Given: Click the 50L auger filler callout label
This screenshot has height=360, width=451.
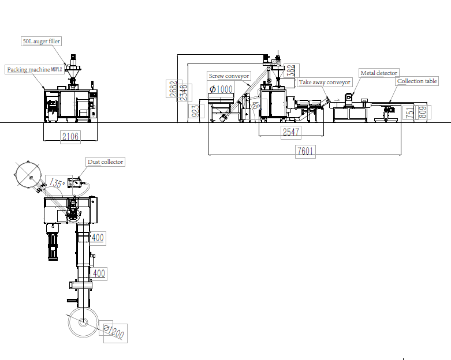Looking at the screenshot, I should point(41,42).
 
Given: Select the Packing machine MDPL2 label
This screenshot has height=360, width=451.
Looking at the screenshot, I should point(35,69).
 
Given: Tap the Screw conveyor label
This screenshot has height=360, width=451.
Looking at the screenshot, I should point(229,76).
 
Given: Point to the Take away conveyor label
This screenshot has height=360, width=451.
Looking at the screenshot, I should point(325,82).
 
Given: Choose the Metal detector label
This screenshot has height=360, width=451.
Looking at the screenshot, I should point(379,73).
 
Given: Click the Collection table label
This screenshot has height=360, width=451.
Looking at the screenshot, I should point(417,81).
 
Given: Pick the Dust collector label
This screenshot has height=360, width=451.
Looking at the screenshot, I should point(106,162).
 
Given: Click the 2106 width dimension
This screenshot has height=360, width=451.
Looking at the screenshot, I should point(70,136).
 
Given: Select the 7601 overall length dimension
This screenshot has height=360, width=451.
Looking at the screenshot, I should point(305,151).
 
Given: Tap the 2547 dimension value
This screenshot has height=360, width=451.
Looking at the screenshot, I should point(291,132).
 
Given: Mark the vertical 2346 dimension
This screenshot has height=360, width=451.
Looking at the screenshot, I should point(183,93).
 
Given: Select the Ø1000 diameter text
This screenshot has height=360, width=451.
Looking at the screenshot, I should point(222,89).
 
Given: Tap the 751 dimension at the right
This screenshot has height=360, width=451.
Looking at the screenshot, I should point(409,113).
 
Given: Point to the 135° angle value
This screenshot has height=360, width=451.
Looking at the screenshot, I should point(56,183).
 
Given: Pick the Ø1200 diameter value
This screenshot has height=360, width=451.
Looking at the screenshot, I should point(114,332).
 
